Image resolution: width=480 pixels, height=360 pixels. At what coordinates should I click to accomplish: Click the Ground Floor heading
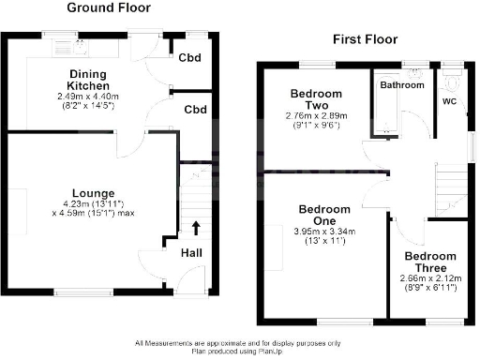[x=109, y=8]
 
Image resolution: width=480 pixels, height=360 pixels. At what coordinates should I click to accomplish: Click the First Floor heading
[x=366, y=39]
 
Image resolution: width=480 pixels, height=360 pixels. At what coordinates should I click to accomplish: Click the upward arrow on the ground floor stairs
[x=196, y=227]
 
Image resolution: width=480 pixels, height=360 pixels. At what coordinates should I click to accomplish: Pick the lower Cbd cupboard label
[x=195, y=110]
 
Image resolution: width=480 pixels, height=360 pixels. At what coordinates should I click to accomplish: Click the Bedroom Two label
[x=316, y=100]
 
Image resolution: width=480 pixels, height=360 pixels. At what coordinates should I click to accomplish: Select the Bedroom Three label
[x=430, y=263]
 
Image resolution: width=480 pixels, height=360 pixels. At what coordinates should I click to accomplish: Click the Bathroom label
[x=402, y=84]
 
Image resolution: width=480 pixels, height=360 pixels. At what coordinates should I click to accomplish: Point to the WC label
[x=451, y=101]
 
